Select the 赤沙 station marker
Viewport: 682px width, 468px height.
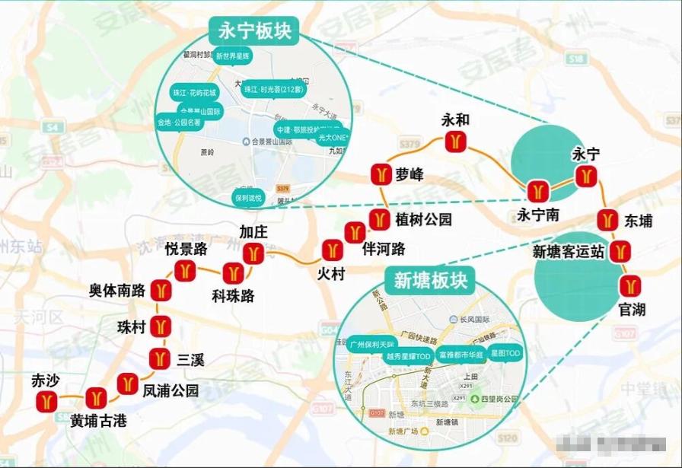47,400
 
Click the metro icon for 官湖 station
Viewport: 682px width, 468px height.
629,286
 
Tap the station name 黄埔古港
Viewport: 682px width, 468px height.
98,420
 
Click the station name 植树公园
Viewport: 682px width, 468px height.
423,220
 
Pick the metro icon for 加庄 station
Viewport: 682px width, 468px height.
253,253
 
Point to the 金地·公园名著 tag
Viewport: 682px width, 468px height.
180,122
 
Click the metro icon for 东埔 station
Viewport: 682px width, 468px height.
607,220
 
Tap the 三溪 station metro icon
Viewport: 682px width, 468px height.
159,358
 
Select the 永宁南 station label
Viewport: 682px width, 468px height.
538,215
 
